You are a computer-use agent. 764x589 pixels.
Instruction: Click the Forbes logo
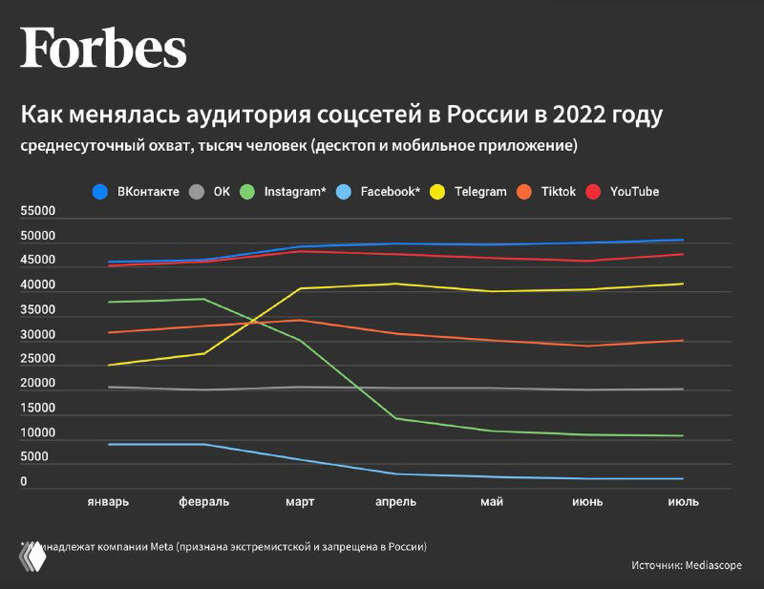[x=103, y=48]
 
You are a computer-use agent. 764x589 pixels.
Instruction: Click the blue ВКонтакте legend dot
[x=99, y=192]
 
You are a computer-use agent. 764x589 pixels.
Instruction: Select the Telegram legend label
[x=480, y=192]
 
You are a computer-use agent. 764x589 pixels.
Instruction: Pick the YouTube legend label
[x=634, y=192]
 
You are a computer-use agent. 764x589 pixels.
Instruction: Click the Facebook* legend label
[x=391, y=192]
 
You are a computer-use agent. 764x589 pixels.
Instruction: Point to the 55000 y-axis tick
[x=37, y=211]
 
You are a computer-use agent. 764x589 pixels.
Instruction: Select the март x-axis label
[x=300, y=502]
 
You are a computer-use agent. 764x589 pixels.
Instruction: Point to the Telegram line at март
[x=300, y=288]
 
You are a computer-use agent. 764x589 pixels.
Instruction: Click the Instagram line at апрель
[x=396, y=418]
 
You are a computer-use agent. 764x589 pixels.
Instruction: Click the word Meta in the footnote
[x=159, y=547]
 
